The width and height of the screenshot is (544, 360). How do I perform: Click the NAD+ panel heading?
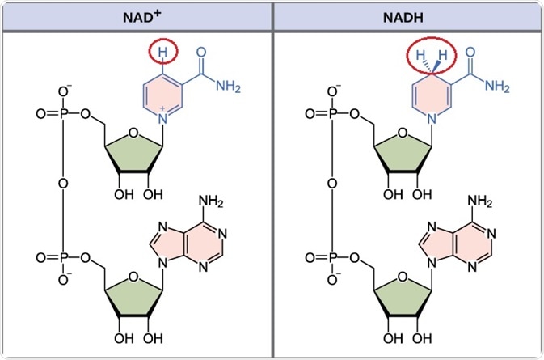coord(136,15)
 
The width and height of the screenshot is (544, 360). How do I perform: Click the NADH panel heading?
coord(407,15)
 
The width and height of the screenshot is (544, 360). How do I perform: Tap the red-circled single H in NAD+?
coord(162,53)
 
